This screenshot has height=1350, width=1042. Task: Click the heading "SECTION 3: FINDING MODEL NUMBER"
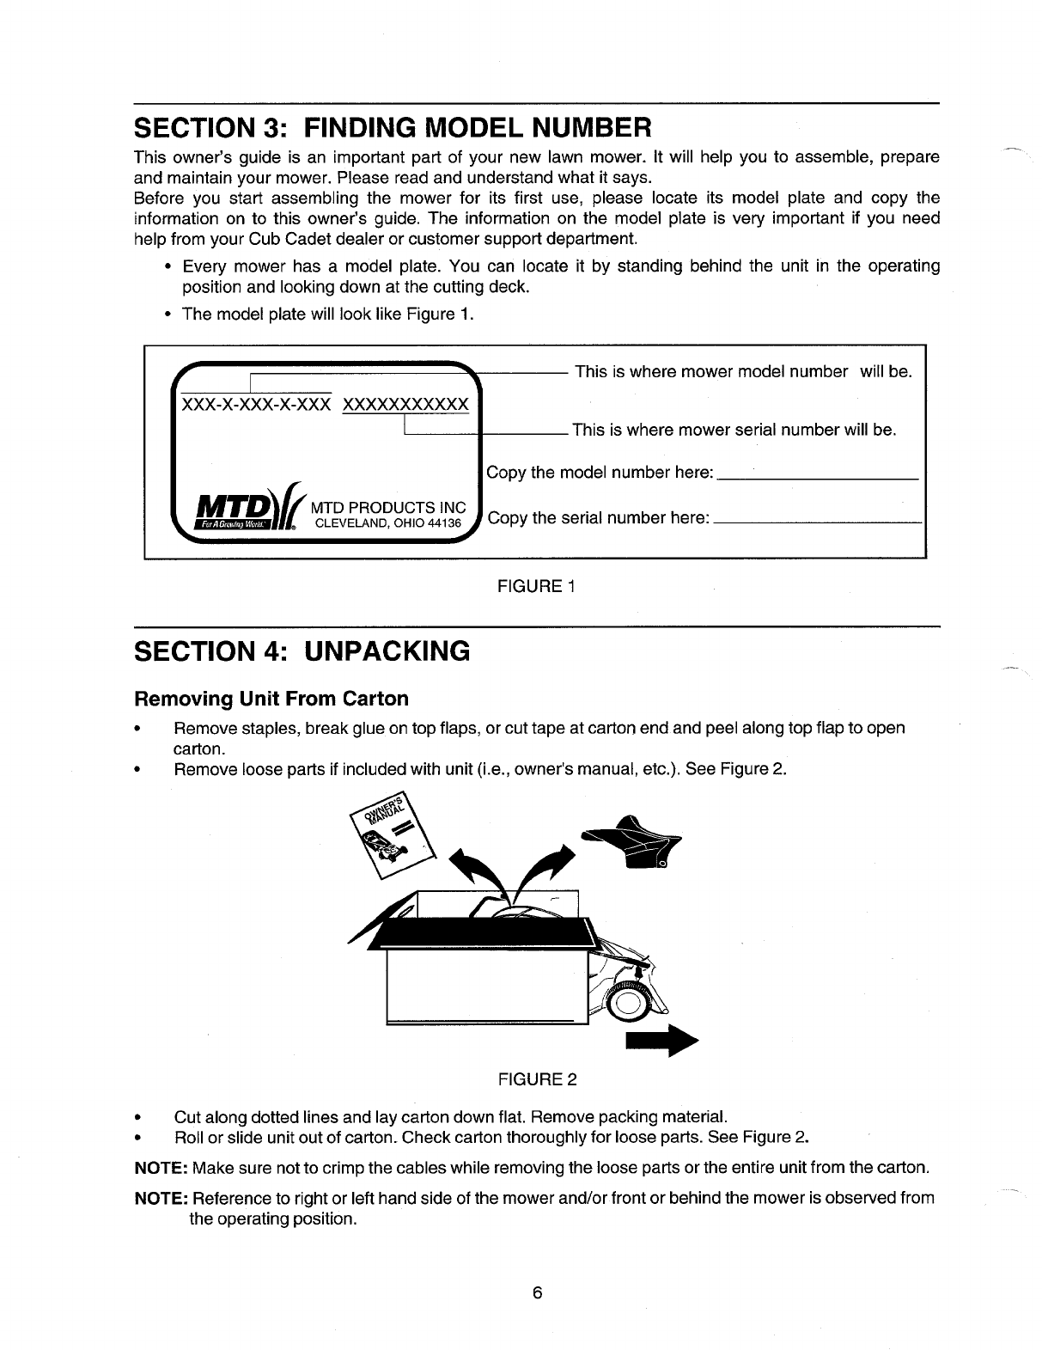[393, 128]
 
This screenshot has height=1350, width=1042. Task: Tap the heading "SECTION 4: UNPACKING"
[302, 651]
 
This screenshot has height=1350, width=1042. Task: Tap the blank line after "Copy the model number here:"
[817, 476]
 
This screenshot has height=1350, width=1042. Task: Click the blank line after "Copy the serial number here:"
[817, 522]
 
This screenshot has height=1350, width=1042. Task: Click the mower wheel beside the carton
[628, 1004]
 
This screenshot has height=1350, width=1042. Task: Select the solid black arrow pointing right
[661, 1041]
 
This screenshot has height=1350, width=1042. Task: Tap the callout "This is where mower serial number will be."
[734, 430]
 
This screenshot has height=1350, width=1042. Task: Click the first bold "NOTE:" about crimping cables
[161, 1169]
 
